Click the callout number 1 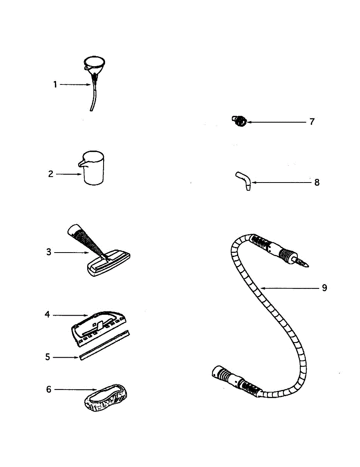pos(55,84)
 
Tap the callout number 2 pos(51,174)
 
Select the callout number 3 pos(49,252)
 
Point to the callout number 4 pos(47,314)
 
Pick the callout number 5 pos(47,356)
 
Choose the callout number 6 pos(49,389)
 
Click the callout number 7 pos(312,122)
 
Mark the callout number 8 pos(317,182)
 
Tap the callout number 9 pos(324,288)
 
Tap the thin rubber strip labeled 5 pos(104,346)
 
